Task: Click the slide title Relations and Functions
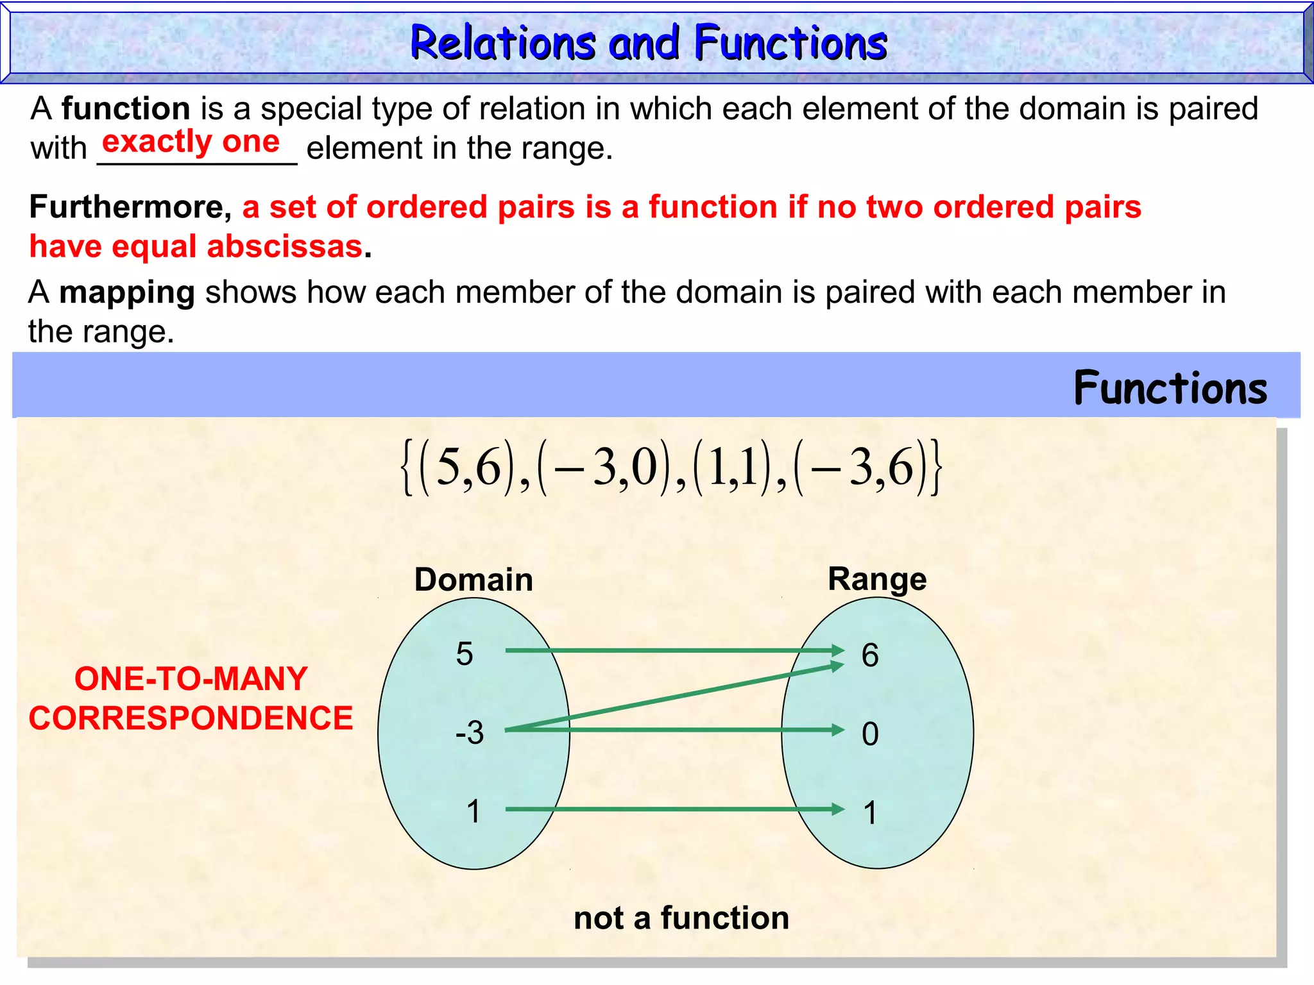coord(649,44)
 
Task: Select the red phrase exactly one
coord(191,142)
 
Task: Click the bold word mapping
coord(127,292)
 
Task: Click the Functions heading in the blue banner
coord(1170,389)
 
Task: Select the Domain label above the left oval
coord(474,580)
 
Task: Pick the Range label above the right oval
coord(877,579)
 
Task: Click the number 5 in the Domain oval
coord(465,654)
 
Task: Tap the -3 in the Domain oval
coord(470,732)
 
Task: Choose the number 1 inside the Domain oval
coord(474,811)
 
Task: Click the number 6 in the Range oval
coord(870,655)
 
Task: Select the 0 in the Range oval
coord(870,734)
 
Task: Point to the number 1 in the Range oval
coord(870,813)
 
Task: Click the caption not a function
coord(681,918)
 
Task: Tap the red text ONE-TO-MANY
coord(191,678)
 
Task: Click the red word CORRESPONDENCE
coord(191,718)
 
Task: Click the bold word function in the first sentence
coord(126,108)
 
